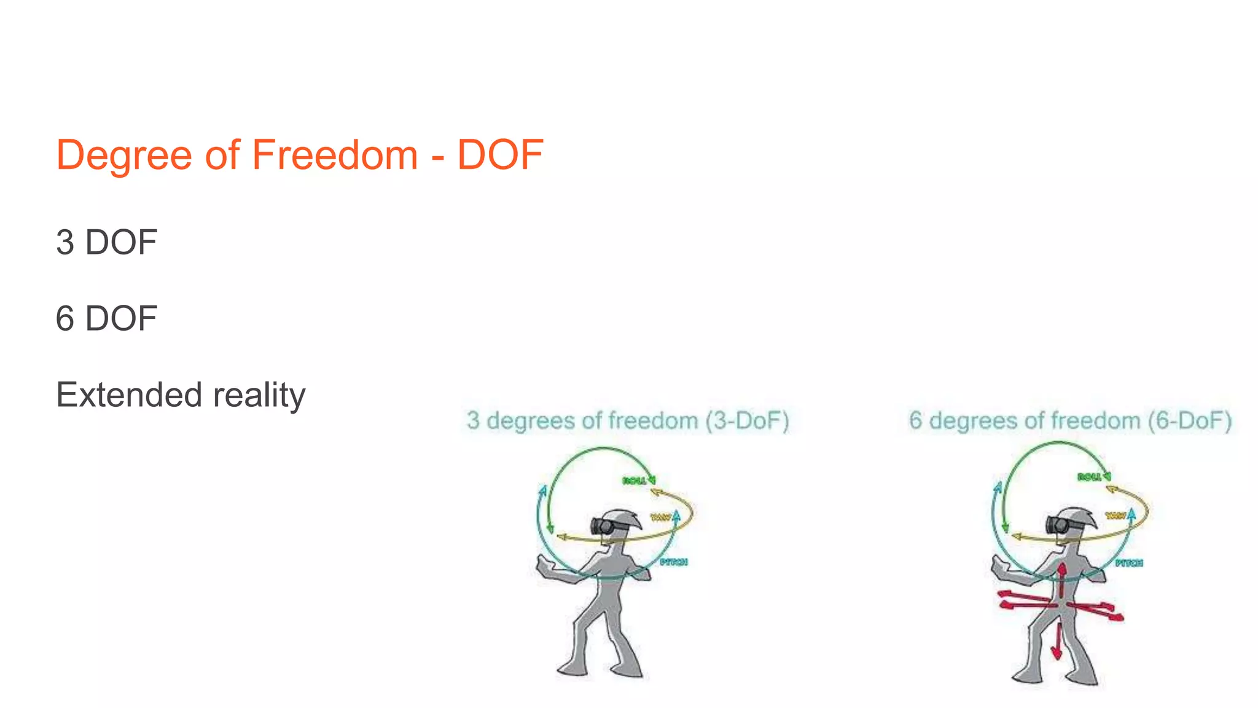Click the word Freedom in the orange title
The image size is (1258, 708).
[x=335, y=155]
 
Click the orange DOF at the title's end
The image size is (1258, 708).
[x=500, y=155]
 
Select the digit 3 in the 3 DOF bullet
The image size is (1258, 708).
[x=65, y=243]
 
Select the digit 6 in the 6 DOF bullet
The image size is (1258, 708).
[x=65, y=319]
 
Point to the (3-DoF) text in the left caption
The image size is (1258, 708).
[x=747, y=421]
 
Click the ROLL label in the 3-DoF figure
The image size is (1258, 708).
[x=634, y=481]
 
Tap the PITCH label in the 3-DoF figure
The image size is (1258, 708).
[x=674, y=562]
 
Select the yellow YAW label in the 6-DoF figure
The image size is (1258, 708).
[x=1115, y=516]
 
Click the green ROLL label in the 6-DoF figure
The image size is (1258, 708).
[x=1089, y=478]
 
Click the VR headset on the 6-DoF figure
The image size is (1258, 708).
[x=1059, y=525]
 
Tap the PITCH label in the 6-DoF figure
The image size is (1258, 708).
[x=1129, y=563]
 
